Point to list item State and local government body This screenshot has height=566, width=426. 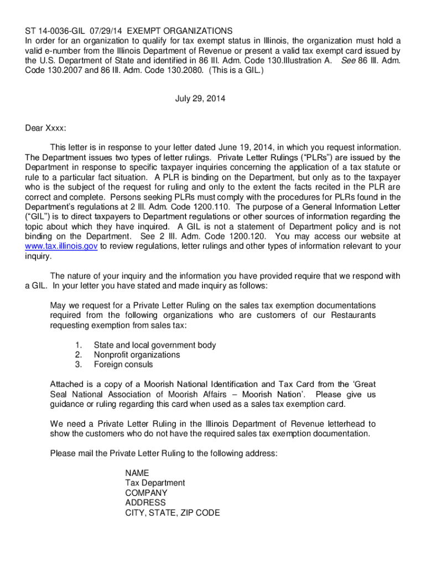[155, 345]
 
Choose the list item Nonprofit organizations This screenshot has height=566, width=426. [137, 355]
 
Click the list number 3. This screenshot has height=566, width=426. [79, 365]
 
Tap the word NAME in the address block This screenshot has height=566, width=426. [137, 473]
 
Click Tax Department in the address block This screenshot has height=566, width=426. [155, 483]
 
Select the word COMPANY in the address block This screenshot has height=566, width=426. [146, 493]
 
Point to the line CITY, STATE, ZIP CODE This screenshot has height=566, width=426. [172, 513]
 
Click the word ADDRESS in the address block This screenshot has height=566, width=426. [146, 503]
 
